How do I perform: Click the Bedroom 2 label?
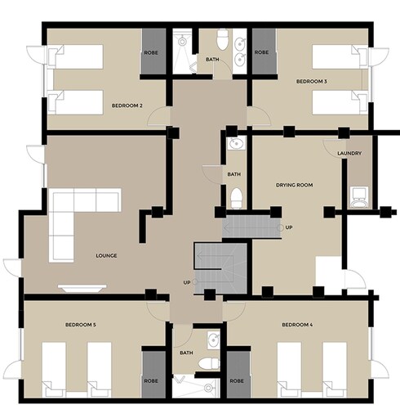127,106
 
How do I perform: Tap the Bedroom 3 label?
312,81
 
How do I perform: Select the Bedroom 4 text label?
297,325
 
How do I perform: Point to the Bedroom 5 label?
81,325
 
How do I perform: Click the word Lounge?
106,256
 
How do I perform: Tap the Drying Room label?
295,185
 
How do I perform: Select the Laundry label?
349,154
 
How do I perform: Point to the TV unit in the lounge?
82,288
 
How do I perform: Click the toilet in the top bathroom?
222,40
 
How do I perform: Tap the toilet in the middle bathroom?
237,198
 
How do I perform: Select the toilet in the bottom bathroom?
209,364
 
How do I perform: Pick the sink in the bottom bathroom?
214,340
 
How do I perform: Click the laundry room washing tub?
359,197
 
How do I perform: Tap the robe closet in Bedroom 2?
153,51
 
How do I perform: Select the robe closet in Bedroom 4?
238,374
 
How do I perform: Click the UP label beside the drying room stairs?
289,227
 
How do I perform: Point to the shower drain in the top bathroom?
182,42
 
